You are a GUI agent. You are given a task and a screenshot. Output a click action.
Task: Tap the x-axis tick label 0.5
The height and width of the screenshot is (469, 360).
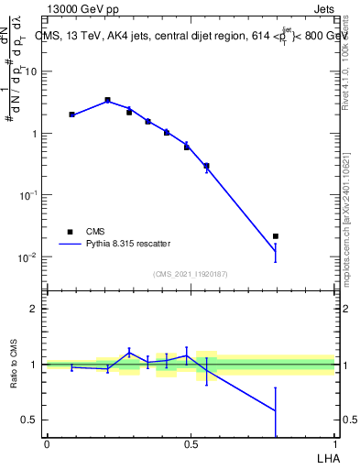pos(191,443)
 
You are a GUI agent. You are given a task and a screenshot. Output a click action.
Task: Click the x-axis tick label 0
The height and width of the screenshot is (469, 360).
pos(47,443)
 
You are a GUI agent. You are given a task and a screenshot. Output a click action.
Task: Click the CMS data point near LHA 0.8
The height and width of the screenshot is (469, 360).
pos(276,236)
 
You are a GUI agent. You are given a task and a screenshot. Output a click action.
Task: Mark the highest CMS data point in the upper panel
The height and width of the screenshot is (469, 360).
pos(107,100)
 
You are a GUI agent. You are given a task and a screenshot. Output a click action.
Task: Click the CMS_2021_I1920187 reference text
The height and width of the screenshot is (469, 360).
pos(191,274)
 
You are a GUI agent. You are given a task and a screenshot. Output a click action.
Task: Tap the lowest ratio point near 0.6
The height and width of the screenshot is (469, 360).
pos(276,409)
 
